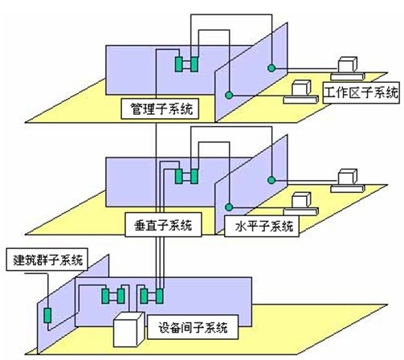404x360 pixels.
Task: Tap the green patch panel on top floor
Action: [x=187, y=64]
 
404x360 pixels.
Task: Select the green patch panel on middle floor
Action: [x=187, y=176]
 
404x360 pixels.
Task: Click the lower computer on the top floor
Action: [x=302, y=90]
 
